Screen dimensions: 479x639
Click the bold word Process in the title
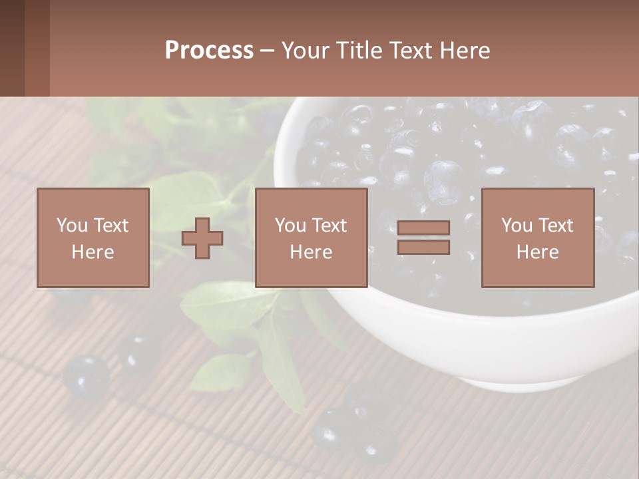click(x=209, y=51)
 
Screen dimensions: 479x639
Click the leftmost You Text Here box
click(x=93, y=238)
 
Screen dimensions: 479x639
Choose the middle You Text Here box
click(x=311, y=238)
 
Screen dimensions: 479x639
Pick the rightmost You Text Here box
click(x=537, y=238)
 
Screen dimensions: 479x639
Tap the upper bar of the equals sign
click(x=423, y=228)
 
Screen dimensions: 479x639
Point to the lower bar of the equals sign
click(x=423, y=247)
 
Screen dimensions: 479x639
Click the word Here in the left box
click(x=93, y=252)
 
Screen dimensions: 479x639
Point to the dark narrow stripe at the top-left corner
click(x=12, y=48)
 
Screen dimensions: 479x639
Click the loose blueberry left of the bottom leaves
click(x=87, y=377)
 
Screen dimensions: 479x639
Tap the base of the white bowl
click(x=519, y=383)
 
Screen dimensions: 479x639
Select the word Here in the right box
click(x=537, y=252)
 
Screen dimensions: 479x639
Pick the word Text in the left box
click(x=110, y=226)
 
